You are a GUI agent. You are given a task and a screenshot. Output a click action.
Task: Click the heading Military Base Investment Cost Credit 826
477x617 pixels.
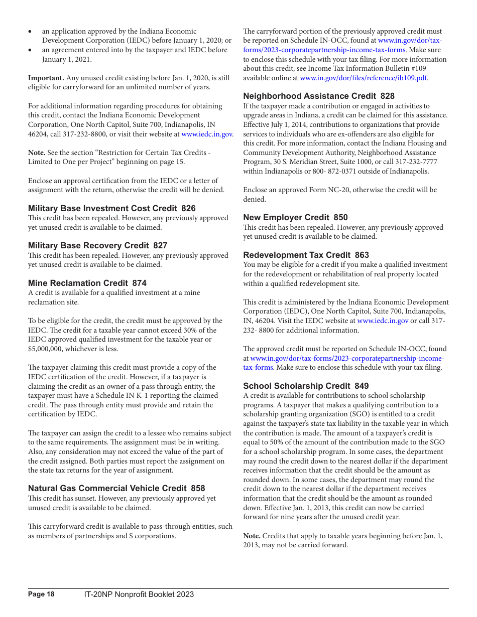[x=111, y=208]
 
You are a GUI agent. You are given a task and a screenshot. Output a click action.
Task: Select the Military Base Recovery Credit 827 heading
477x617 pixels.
[x=97, y=245]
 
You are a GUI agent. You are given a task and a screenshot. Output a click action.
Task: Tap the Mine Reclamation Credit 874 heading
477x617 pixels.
[x=87, y=283]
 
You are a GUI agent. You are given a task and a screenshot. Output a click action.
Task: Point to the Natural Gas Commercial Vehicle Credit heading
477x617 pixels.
[x=116, y=488]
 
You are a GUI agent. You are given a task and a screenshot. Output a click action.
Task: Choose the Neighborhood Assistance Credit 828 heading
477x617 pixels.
[x=318, y=96]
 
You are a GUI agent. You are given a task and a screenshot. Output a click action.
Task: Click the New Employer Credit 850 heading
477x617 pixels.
[x=295, y=217]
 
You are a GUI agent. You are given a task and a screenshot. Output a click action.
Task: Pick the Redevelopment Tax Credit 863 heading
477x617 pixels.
[x=306, y=255]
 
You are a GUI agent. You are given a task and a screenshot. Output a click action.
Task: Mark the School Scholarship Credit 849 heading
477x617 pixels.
[x=306, y=386]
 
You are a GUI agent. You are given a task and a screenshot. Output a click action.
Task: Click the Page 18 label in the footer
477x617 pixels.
[x=41, y=594]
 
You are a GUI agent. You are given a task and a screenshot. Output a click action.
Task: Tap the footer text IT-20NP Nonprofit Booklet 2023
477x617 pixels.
[x=139, y=594]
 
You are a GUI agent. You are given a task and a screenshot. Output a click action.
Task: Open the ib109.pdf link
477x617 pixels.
[x=364, y=78]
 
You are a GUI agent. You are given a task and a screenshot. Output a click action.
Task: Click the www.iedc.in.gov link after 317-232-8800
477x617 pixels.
[x=207, y=134]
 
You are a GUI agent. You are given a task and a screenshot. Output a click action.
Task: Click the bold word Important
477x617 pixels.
[x=46, y=78]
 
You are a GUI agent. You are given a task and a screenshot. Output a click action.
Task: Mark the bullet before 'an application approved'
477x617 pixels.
[x=31, y=32]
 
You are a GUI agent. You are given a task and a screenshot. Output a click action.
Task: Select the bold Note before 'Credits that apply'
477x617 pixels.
[x=252, y=536]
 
